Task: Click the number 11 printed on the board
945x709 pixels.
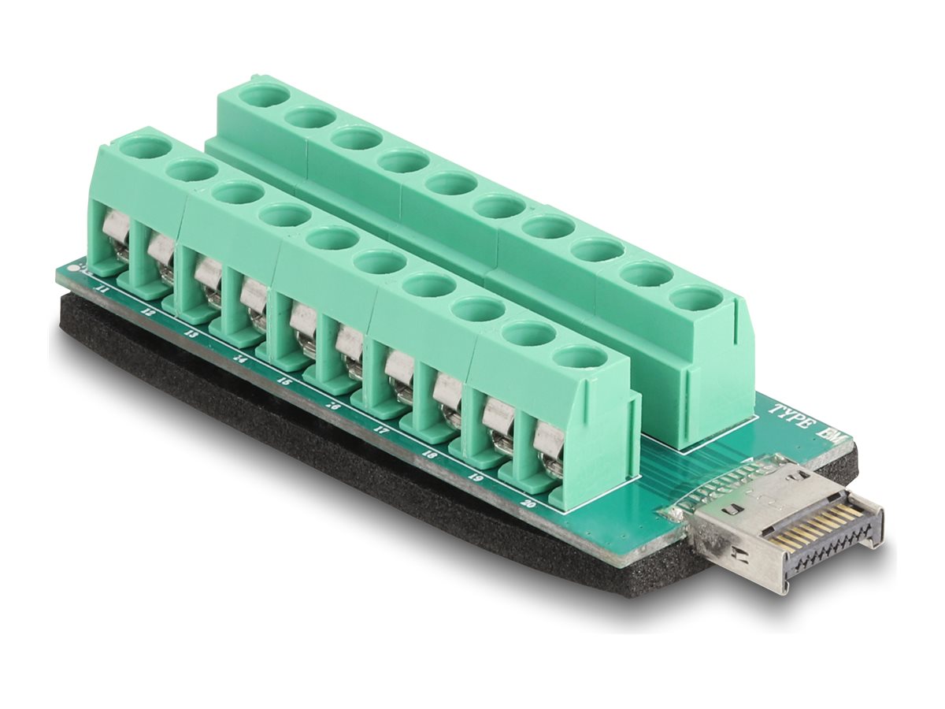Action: (x=101, y=290)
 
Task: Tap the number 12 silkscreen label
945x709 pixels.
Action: (x=149, y=313)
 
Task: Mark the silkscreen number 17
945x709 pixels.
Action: (x=382, y=430)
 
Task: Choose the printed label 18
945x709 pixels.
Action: (x=430, y=454)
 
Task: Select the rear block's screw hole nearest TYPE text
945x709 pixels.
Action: (x=697, y=298)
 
